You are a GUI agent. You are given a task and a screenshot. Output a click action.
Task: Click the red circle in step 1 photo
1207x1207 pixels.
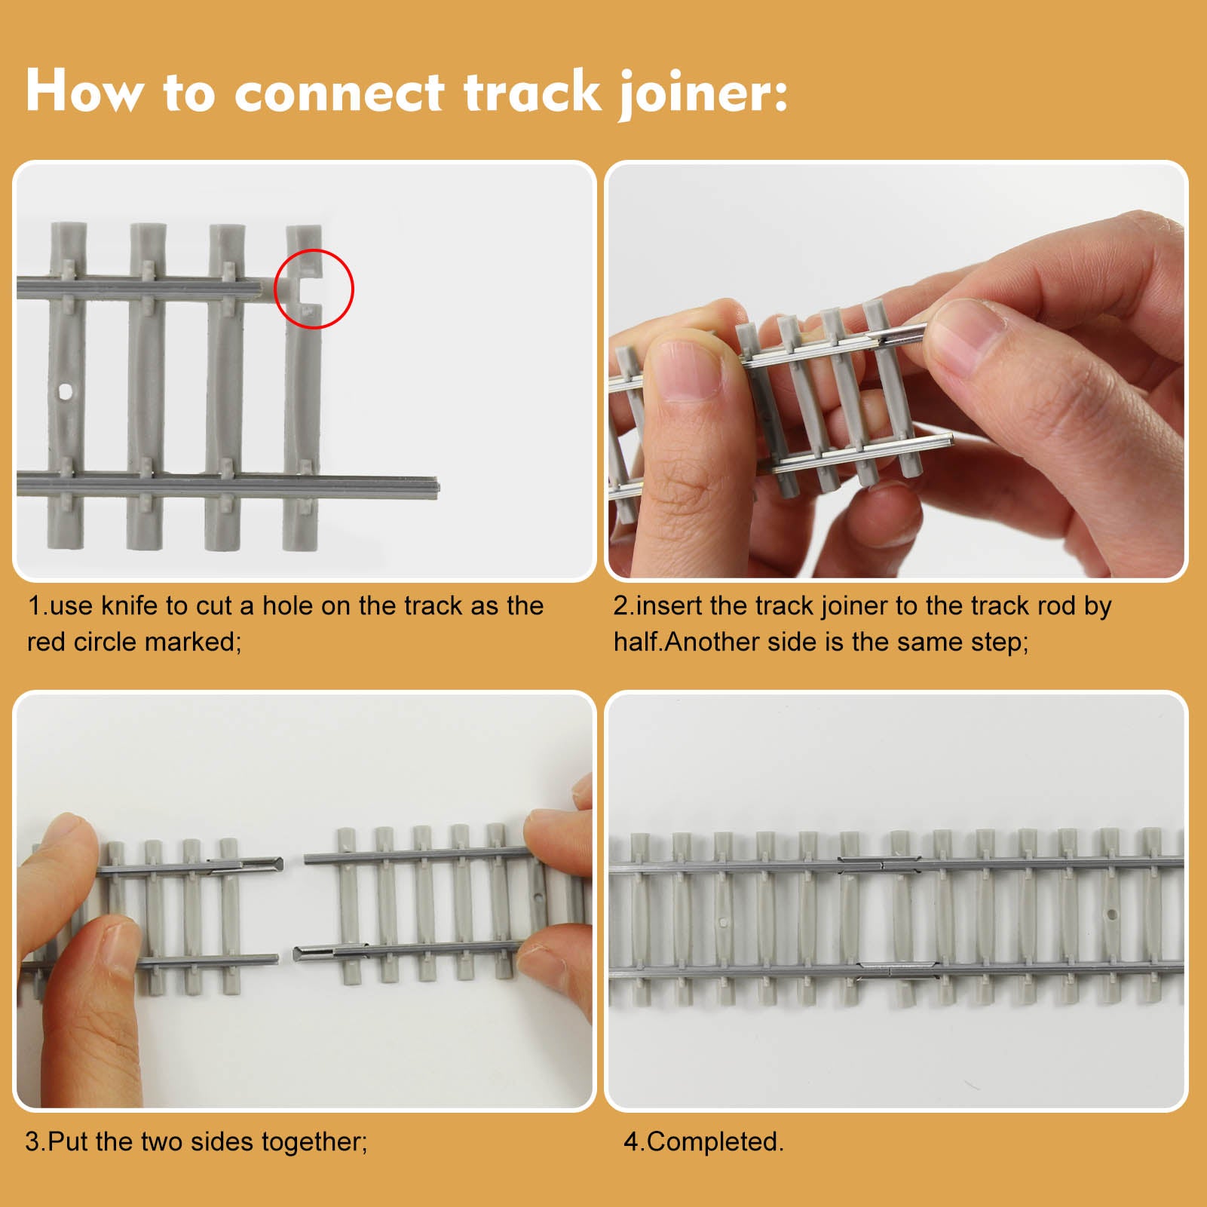click(x=314, y=289)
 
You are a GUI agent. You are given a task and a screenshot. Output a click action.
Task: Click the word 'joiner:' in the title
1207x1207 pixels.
click(x=702, y=93)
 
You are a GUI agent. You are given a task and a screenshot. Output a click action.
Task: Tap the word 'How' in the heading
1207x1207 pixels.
click(x=84, y=91)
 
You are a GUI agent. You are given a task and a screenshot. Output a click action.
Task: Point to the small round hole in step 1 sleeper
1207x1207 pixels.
click(x=66, y=391)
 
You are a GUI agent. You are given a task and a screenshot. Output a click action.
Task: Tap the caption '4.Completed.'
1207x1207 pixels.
click(x=703, y=1141)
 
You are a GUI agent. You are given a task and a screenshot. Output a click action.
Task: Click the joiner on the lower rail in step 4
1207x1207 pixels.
click(x=898, y=970)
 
